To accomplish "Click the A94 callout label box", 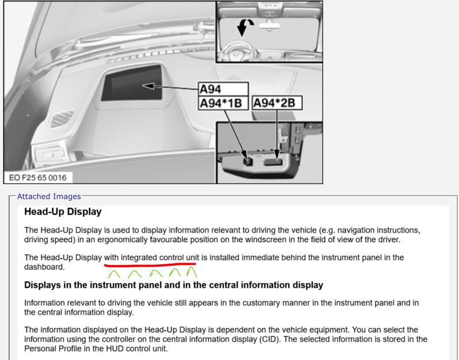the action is [x=223, y=89].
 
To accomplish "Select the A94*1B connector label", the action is [x=223, y=103].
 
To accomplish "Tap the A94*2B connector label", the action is [x=277, y=103].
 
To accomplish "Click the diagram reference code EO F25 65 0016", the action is [x=38, y=178].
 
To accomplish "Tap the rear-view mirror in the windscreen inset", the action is [x=270, y=25].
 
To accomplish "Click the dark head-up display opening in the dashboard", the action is [x=132, y=83].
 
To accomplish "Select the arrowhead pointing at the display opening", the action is [x=149, y=86].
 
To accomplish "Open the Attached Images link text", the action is [x=49, y=196].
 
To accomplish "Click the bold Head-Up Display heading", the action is [x=63, y=212].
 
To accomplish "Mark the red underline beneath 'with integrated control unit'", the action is [x=150, y=265].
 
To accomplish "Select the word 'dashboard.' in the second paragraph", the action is [x=45, y=267].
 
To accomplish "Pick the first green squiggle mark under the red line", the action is [x=114, y=274].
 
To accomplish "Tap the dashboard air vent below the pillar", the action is [x=63, y=119].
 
